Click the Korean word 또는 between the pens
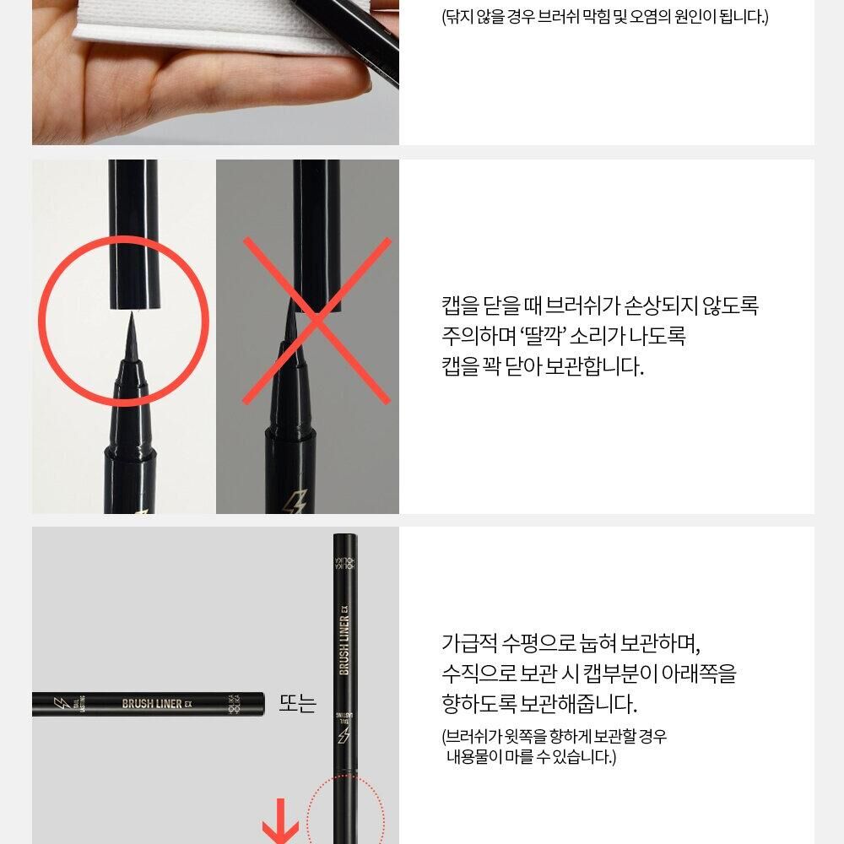(x=298, y=703)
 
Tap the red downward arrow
(x=280, y=822)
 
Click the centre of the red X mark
(x=317, y=320)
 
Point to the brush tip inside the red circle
(x=131, y=337)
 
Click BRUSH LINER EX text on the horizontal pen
(x=157, y=704)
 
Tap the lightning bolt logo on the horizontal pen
(x=59, y=703)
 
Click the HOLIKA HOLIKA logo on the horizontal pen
(x=234, y=704)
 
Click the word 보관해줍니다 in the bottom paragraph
(x=578, y=704)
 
